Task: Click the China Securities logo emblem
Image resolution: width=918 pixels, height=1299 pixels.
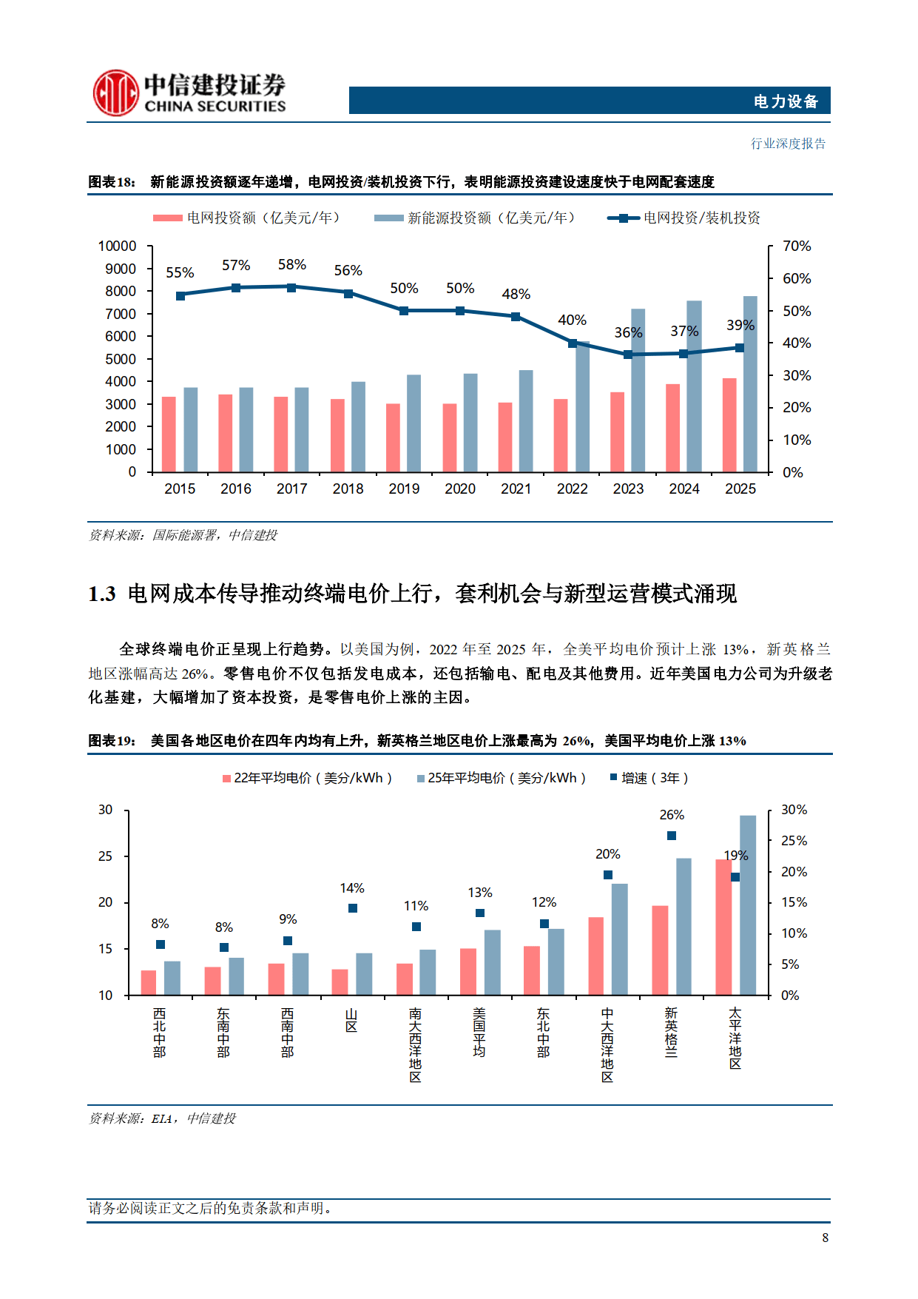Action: tap(115, 93)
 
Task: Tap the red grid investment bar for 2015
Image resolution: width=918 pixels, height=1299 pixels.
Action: tap(169, 434)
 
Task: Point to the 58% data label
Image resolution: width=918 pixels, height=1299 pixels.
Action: tap(291, 265)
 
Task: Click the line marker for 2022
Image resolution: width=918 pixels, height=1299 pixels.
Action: tap(573, 343)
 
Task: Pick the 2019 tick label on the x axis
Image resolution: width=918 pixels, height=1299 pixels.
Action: tap(404, 489)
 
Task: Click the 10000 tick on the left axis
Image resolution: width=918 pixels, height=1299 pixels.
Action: tap(118, 246)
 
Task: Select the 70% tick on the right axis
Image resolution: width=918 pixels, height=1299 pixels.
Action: tap(797, 246)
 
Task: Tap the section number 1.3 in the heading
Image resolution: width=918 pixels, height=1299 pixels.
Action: tap(102, 594)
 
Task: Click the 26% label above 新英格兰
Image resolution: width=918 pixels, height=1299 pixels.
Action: tap(672, 815)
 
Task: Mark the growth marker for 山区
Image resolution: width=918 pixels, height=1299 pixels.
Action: tap(353, 908)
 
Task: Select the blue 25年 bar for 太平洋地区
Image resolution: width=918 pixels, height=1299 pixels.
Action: tap(748, 905)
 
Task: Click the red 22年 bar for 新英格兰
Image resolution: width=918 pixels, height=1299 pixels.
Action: tap(660, 950)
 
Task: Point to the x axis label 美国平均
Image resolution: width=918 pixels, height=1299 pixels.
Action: tap(479, 1033)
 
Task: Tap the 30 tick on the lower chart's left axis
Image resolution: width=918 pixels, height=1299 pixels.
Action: tap(106, 810)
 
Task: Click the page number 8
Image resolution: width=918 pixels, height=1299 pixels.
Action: tap(825, 1238)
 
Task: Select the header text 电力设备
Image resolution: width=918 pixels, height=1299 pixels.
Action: tap(786, 101)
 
